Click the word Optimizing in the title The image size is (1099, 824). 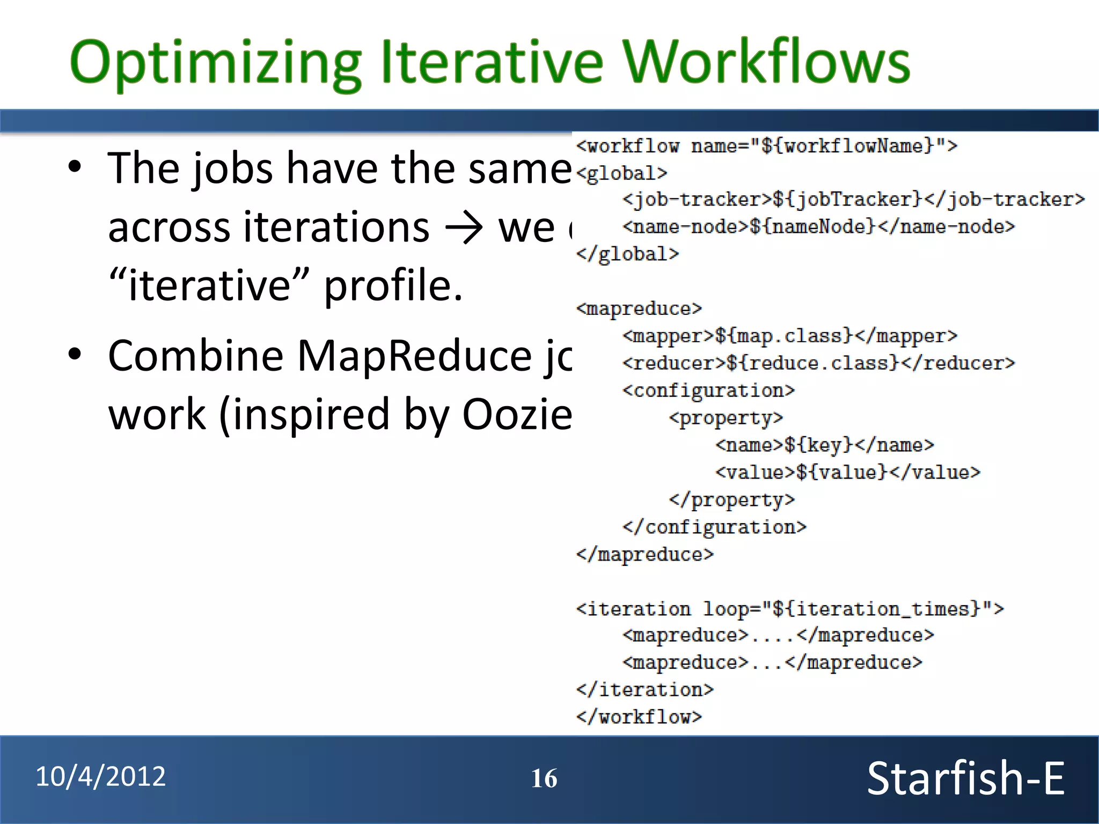tap(215, 63)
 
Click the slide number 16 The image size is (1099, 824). tap(544, 778)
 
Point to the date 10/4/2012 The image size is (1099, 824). tap(101, 776)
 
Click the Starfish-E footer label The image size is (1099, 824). tap(965, 778)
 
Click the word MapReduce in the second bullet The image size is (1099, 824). tap(414, 356)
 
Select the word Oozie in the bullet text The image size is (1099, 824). tap(517, 415)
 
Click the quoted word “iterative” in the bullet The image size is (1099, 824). tap(209, 285)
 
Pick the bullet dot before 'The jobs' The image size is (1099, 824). tap(75, 167)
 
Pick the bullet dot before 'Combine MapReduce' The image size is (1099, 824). tap(75, 354)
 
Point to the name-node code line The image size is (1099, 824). tap(818, 227)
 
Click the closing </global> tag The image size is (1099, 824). tap(627, 254)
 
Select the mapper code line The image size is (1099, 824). tap(789, 336)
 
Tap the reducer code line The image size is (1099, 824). tap(818, 364)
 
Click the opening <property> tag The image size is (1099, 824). tap(726, 418)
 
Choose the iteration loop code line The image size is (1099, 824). tap(789, 609)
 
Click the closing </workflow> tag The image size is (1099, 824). tap(639, 717)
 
